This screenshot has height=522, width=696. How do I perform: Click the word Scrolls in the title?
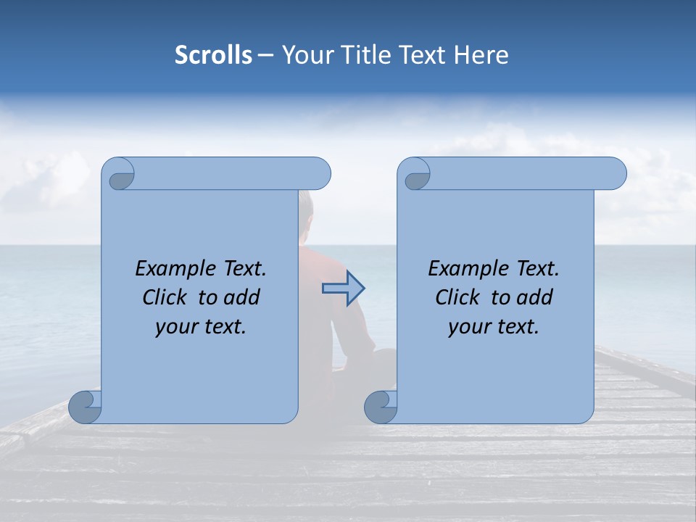click(x=213, y=55)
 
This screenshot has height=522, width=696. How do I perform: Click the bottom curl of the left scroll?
click(x=84, y=406)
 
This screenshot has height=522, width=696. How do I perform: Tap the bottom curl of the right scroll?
click(x=379, y=406)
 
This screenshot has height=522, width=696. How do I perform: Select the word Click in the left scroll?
click(x=164, y=297)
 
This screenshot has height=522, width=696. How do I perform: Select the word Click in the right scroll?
click(x=457, y=297)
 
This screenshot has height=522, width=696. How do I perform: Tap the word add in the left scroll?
click(x=241, y=297)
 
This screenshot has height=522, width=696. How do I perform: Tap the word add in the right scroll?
click(x=534, y=297)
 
